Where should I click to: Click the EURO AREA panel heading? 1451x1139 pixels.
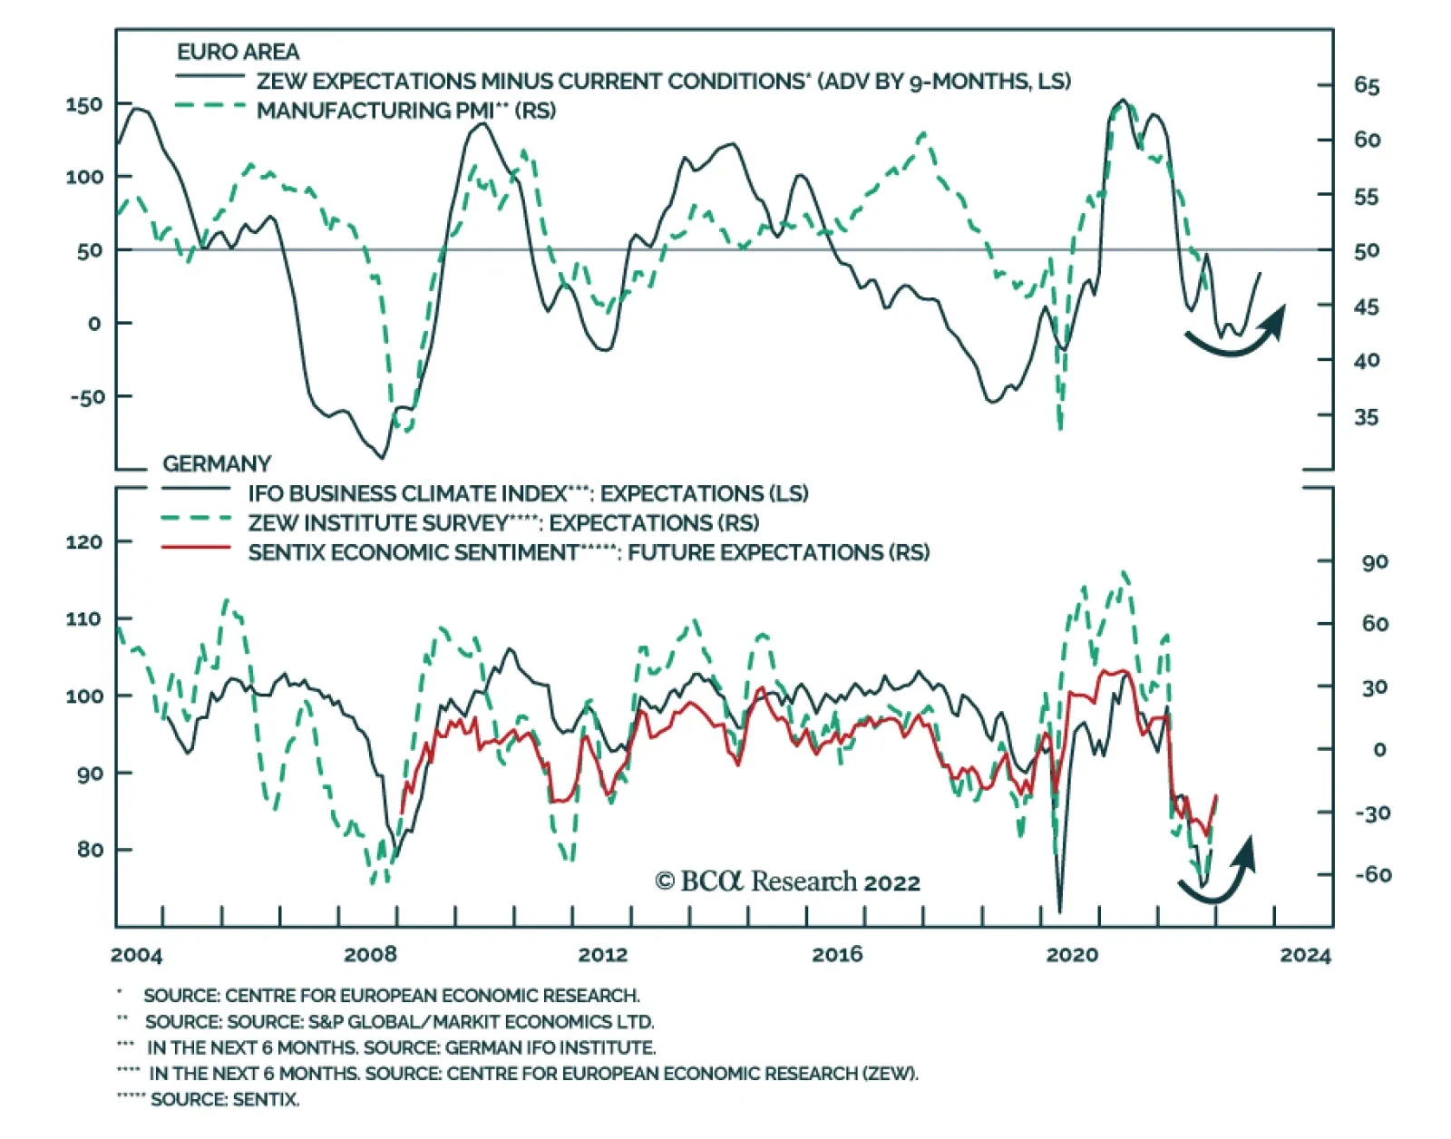tap(238, 52)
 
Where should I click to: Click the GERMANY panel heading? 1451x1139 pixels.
tap(217, 464)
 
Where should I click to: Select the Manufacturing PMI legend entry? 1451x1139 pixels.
tap(405, 111)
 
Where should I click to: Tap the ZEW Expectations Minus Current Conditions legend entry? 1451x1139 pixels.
tap(663, 82)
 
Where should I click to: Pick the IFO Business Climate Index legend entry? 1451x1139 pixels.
tap(528, 493)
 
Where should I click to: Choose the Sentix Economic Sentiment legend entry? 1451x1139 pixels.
tap(588, 552)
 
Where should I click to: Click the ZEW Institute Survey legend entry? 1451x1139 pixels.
tap(503, 523)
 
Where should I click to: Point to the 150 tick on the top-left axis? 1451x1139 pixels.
tap(83, 104)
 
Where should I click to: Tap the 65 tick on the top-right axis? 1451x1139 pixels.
tap(1367, 86)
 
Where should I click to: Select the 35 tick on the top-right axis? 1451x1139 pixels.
tap(1367, 417)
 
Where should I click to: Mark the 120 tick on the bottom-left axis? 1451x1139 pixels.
tap(83, 542)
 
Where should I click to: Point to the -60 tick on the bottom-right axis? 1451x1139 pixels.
tap(1373, 875)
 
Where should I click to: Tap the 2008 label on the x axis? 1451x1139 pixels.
tap(370, 954)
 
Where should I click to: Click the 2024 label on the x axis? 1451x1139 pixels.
tap(1306, 955)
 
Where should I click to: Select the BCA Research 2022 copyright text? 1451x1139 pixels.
tap(787, 881)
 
